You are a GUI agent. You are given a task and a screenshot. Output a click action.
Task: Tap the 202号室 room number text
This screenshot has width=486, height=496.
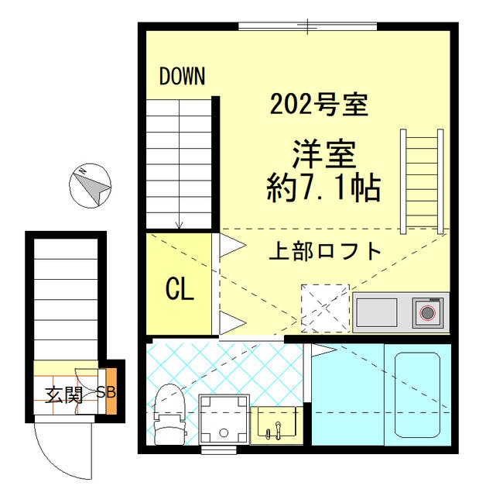pyautogui.click(x=318, y=104)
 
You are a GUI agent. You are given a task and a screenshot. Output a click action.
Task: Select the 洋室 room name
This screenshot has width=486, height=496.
pyautogui.click(x=323, y=153)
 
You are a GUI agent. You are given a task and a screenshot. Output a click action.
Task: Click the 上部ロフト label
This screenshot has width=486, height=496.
pyautogui.click(x=326, y=250)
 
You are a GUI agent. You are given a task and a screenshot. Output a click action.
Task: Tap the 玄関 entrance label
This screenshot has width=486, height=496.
pyautogui.click(x=63, y=394)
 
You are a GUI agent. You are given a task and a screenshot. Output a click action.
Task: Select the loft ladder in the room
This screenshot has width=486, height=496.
pyautogui.click(x=423, y=181)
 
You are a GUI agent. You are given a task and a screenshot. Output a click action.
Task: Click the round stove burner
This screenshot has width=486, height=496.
pyautogui.click(x=426, y=313)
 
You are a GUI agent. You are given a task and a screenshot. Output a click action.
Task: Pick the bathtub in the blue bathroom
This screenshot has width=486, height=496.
pyautogui.click(x=417, y=395)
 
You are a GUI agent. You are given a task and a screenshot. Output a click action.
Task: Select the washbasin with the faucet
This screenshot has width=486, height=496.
pyautogui.click(x=275, y=423)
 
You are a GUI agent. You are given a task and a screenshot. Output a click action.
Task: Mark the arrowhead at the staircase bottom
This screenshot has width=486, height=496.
pyautogui.click(x=180, y=226)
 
